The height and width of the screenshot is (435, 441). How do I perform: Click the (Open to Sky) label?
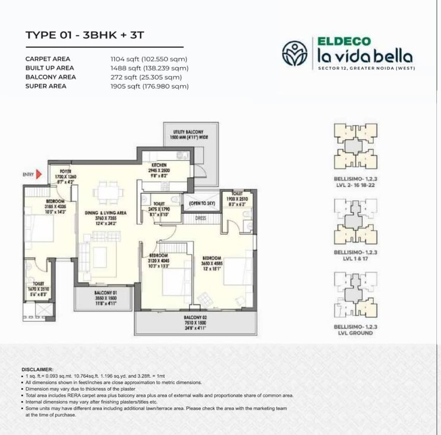click(201, 204)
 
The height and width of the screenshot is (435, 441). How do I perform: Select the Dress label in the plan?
click(201, 219)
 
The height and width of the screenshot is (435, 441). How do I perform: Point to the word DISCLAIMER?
click(37, 369)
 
